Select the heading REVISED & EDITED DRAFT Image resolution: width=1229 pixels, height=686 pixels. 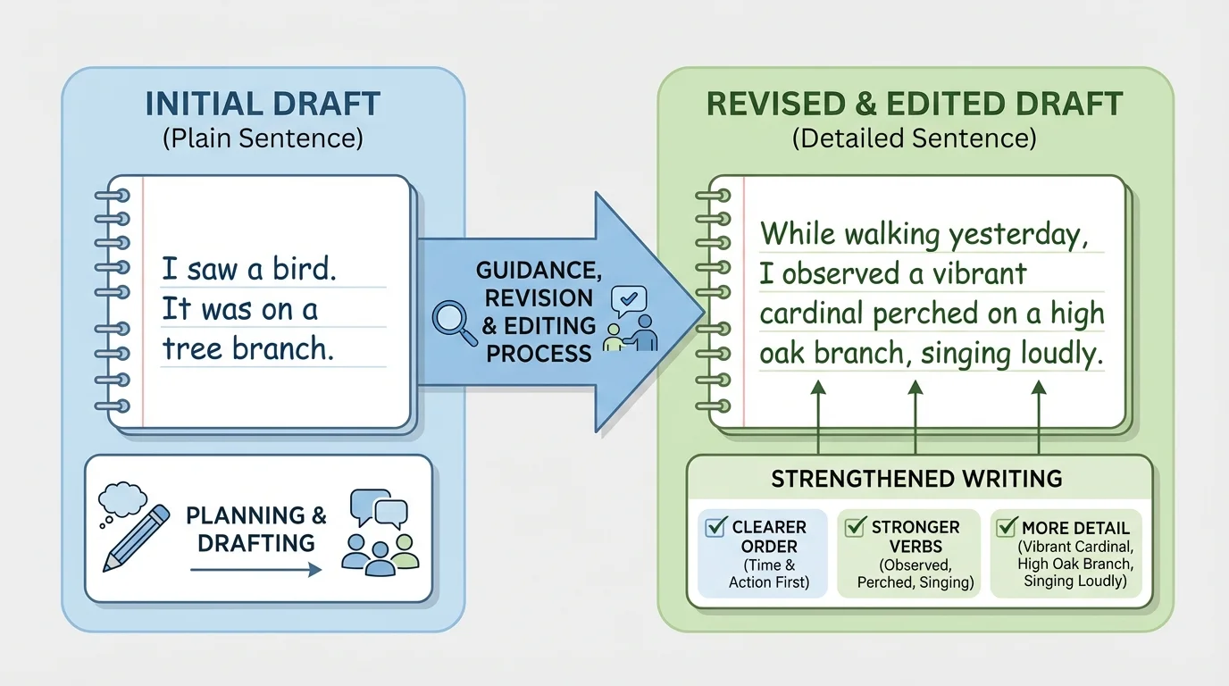coord(914,104)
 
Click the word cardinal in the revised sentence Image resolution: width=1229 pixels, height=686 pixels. coord(811,314)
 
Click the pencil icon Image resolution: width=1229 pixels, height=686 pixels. coord(135,538)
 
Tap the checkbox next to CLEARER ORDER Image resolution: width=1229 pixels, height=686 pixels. coord(715,527)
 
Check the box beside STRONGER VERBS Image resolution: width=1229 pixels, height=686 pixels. coord(856,527)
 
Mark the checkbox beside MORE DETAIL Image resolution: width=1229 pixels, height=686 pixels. coord(1006,527)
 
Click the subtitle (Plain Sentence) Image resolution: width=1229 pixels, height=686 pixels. coord(262,138)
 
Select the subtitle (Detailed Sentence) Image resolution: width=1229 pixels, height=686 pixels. coord(914,138)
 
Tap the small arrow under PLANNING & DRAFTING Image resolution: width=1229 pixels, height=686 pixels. coord(255,569)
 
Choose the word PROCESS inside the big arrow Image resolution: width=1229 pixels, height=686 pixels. coord(539,353)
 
